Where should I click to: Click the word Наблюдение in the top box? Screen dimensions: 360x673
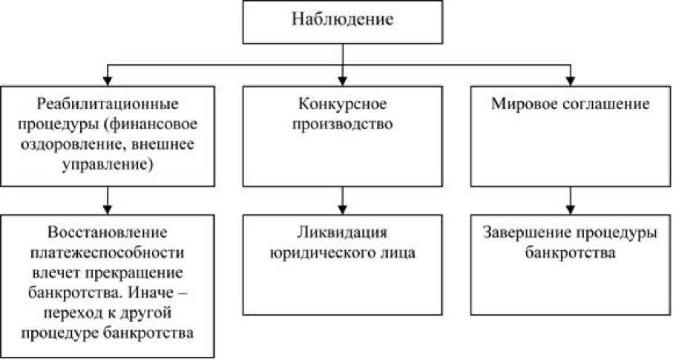point(341,20)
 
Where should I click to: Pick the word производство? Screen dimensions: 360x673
point(341,123)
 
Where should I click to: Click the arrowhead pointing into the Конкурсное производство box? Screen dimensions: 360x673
point(341,79)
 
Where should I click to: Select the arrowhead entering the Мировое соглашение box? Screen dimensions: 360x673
point(571,79)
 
